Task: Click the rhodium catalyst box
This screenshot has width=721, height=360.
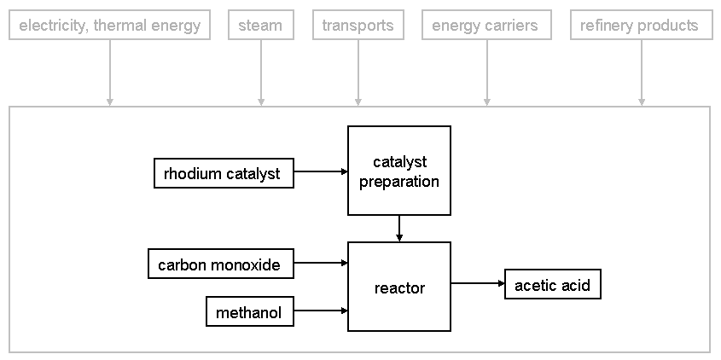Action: [x=224, y=173]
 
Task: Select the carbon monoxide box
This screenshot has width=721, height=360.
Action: [x=221, y=264]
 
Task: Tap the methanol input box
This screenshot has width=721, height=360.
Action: [x=250, y=311]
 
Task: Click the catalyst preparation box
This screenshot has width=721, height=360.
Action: [x=399, y=171]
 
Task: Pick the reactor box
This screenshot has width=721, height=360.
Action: [x=399, y=287]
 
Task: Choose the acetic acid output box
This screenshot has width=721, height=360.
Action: [x=553, y=284]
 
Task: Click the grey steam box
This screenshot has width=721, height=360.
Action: [x=261, y=25]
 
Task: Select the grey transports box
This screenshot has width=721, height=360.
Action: [x=358, y=25]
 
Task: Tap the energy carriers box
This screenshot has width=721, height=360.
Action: [x=486, y=25]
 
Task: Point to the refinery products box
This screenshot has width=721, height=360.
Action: [x=642, y=25]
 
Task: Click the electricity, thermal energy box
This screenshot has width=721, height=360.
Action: [x=109, y=25]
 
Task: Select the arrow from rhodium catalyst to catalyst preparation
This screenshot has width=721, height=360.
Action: [x=321, y=171]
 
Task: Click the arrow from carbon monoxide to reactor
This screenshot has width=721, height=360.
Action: [x=321, y=263]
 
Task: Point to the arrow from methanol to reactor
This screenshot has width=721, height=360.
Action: [x=321, y=311]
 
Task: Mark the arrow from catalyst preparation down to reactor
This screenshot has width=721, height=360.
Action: [x=399, y=229]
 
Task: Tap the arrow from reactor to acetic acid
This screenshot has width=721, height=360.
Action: [x=478, y=283]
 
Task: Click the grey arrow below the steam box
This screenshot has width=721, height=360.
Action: [x=261, y=73]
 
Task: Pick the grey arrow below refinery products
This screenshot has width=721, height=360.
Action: [x=642, y=73]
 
